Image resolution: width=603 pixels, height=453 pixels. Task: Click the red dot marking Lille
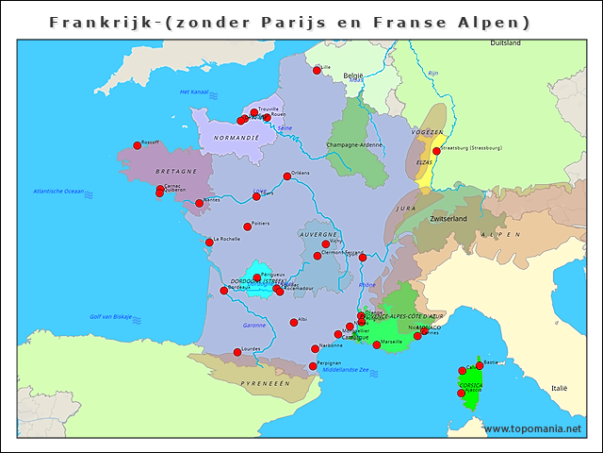point(317,70)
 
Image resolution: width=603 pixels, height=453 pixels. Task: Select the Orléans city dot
point(287,176)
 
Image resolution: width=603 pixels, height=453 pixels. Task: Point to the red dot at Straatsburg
point(436,150)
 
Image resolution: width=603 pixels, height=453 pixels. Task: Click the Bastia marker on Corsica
point(480,364)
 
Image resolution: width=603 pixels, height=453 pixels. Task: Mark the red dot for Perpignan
point(313,366)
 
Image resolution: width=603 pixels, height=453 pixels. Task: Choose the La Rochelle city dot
point(209,242)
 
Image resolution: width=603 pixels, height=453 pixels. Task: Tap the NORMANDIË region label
point(236,138)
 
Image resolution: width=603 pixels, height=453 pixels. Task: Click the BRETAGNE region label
point(176,172)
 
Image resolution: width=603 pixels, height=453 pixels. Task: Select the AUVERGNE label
point(318,234)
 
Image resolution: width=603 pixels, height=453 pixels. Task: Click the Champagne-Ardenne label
point(354,144)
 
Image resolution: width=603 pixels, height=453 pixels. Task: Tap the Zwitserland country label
point(448,218)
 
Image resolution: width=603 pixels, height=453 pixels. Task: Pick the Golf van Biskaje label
point(111,316)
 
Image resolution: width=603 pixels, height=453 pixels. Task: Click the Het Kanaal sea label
point(193,92)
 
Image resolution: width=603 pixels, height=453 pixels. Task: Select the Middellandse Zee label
point(346,370)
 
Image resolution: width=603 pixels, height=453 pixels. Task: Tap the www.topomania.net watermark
point(532,428)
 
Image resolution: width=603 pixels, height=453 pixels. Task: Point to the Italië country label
point(560,388)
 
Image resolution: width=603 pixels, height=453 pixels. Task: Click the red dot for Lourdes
point(237,352)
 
